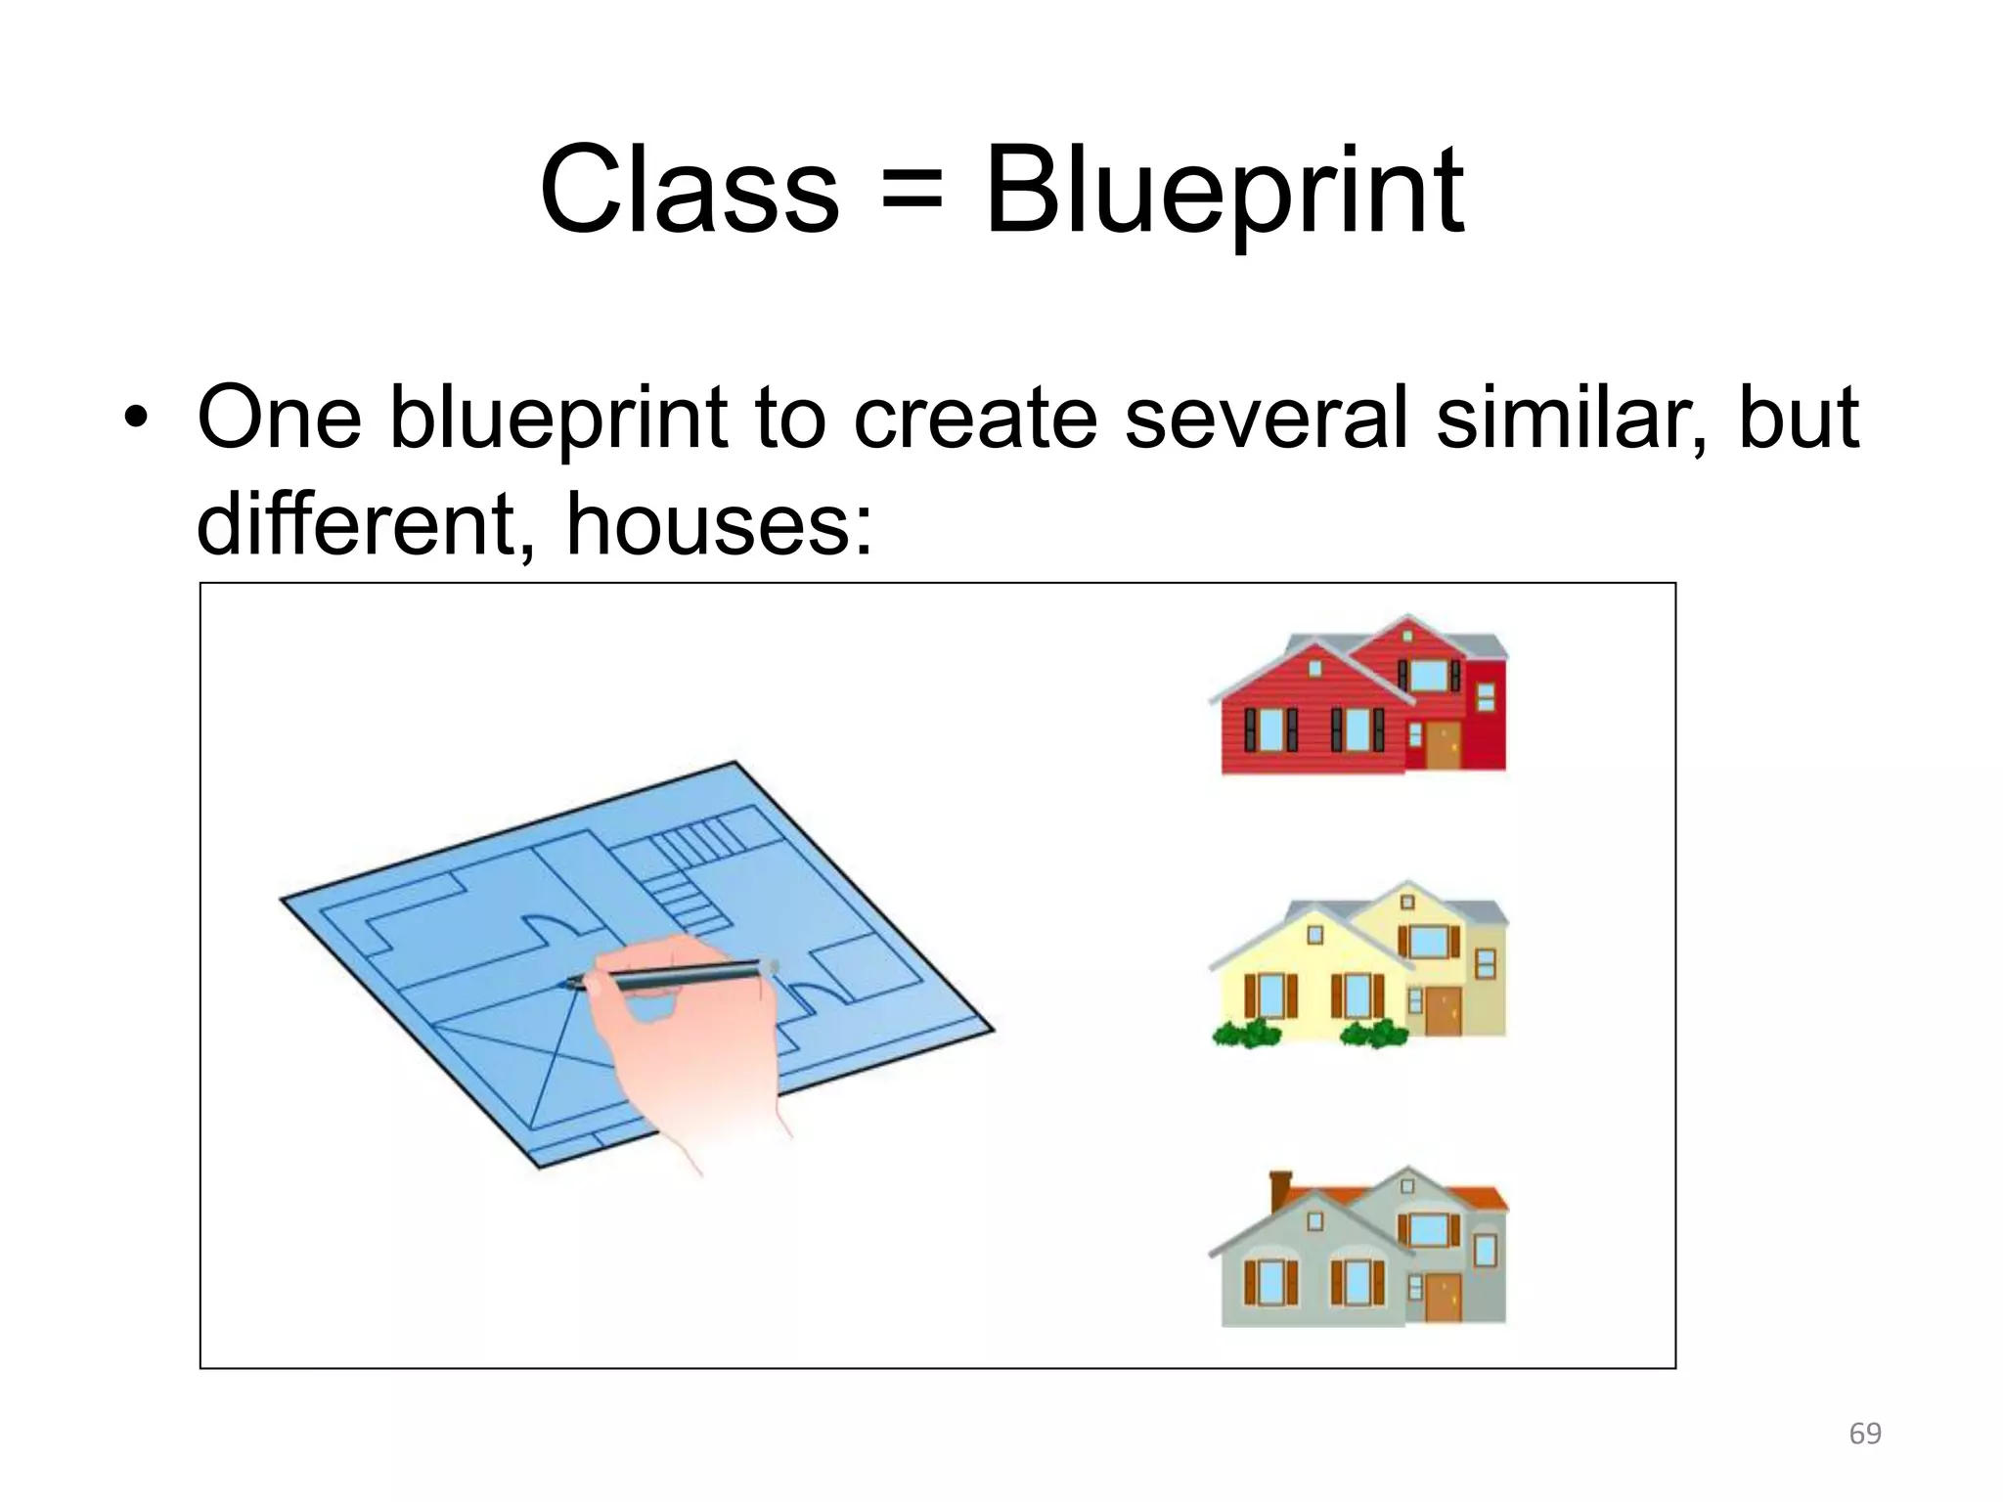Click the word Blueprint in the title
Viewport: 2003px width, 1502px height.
click(1224, 191)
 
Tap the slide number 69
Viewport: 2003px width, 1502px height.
click(1865, 1434)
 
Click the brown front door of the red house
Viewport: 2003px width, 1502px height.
click(1442, 745)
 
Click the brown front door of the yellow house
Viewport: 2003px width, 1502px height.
click(1443, 1010)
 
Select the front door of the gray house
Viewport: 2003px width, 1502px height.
click(1443, 1297)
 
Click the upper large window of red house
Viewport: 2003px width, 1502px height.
click(1428, 674)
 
